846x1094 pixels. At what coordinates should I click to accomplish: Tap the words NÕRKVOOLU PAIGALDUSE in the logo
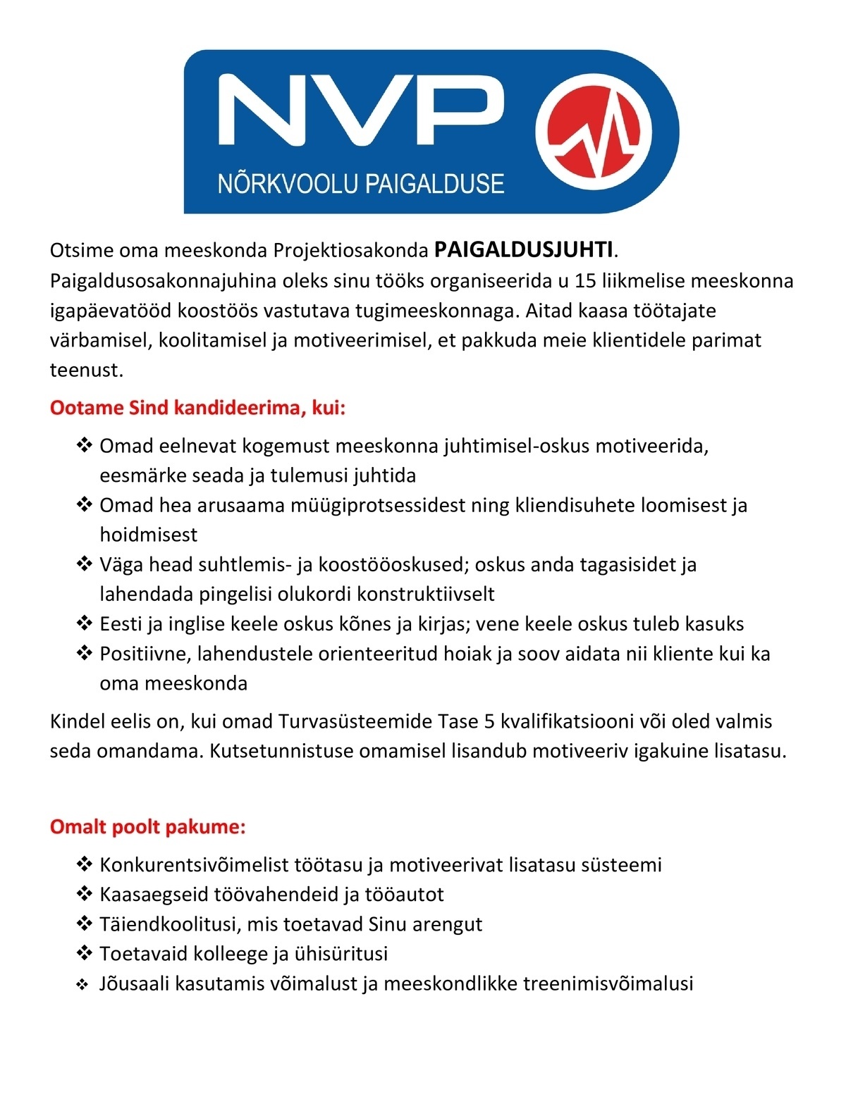[x=361, y=185]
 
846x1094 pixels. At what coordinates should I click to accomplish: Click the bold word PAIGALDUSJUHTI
[x=523, y=250]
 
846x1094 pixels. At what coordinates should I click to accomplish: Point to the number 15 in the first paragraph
[x=585, y=281]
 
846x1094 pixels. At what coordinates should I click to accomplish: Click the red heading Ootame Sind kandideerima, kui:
[x=198, y=409]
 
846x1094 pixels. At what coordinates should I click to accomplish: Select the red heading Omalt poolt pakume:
[x=147, y=827]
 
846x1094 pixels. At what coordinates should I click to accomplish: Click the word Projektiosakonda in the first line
[x=350, y=251]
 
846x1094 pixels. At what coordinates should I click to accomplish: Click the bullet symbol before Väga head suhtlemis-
[x=84, y=564]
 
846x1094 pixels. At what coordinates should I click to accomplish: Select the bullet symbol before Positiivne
[x=84, y=653]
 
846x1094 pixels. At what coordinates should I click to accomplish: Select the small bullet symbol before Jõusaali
[x=82, y=985]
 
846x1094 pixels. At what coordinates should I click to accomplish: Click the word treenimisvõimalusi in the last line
[x=608, y=983]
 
